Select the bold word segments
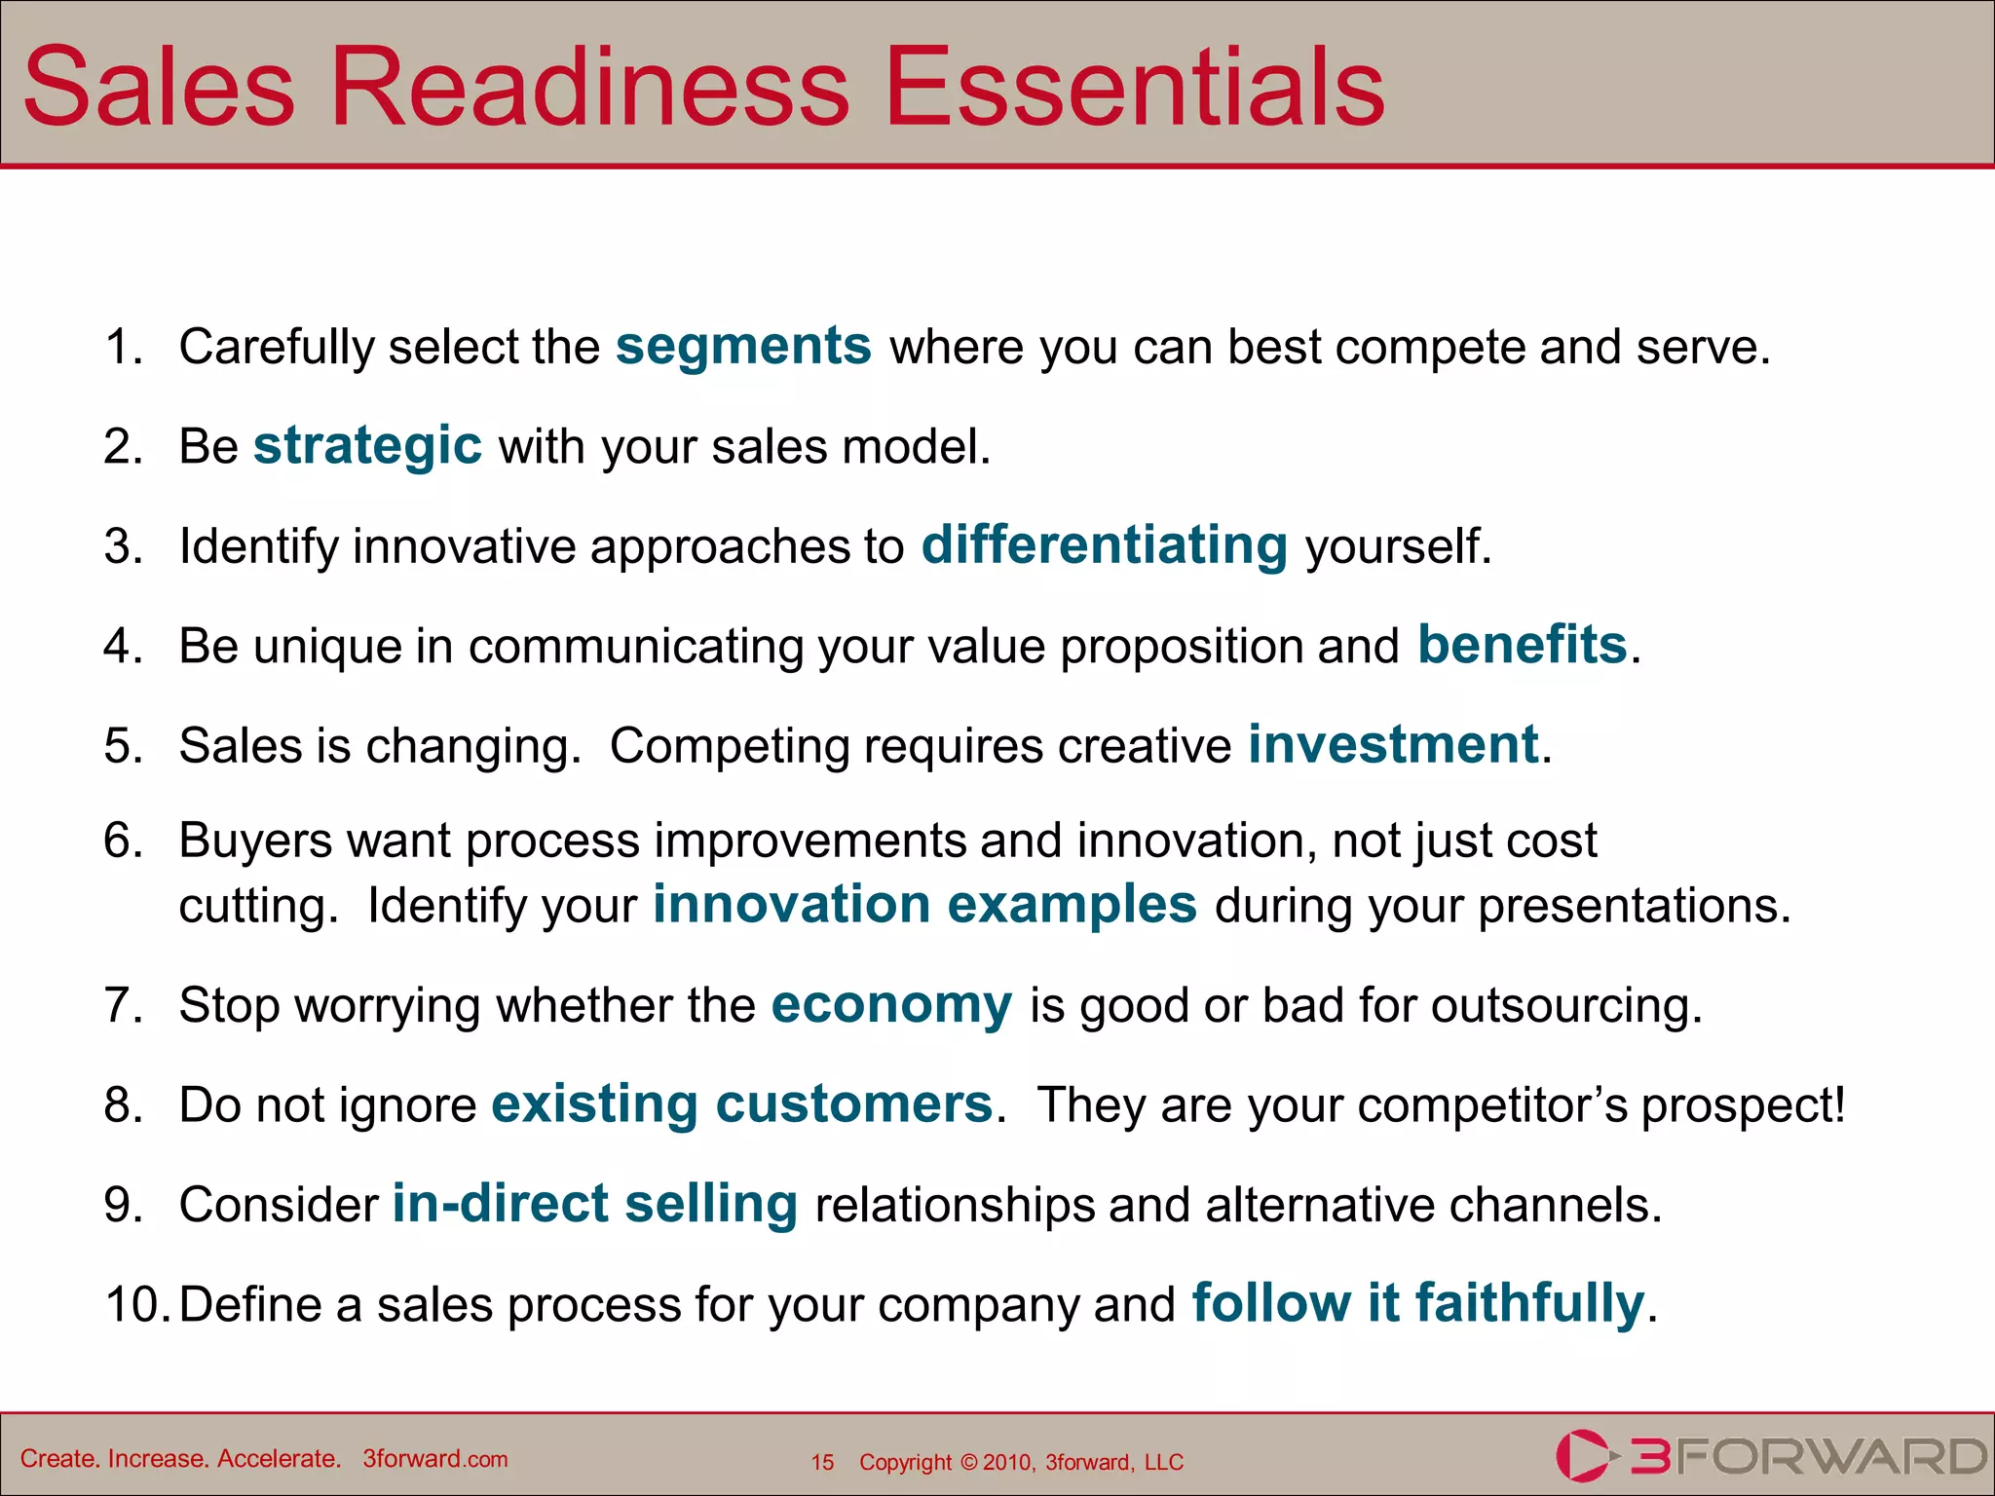[x=743, y=347]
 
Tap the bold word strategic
[x=367, y=446]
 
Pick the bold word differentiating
[x=1105, y=545]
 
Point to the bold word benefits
[x=1522, y=645]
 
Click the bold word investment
[x=1393, y=745]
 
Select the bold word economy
[x=891, y=1005]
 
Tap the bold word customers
[x=853, y=1104]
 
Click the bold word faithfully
[x=1529, y=1303]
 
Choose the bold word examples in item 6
[x=1072, y=905]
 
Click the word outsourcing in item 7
[x=1565, y=1006]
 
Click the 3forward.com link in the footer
[x=435, y=1459]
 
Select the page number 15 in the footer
[x=822, y=1462]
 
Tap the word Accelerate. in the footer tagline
[x=279, y=1459]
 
